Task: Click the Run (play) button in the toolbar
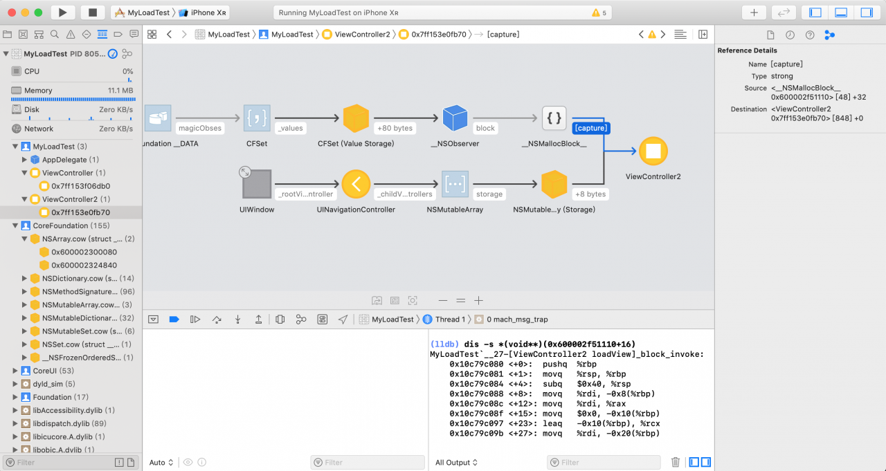click(62, 12)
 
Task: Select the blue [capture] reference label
click(591, 128)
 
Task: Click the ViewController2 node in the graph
click(653, 151)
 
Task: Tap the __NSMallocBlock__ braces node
click(554, 118)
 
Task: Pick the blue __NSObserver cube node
click(455, 118)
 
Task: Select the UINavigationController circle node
click(356, 184)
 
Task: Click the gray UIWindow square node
click(257, 184)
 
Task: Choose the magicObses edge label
click(200, 128)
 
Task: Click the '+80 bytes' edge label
click(395, 128)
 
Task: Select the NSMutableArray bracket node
click(455, 184)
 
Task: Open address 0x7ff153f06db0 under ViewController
click(81, 186)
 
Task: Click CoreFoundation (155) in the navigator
click(71, 225)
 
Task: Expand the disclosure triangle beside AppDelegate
click(24, 160)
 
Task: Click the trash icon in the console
click(676, 462)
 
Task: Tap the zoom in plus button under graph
click(478, 301)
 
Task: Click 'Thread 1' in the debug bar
click(450, 320)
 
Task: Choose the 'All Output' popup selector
click(456, 462)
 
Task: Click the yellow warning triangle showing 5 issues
click(596, 12)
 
